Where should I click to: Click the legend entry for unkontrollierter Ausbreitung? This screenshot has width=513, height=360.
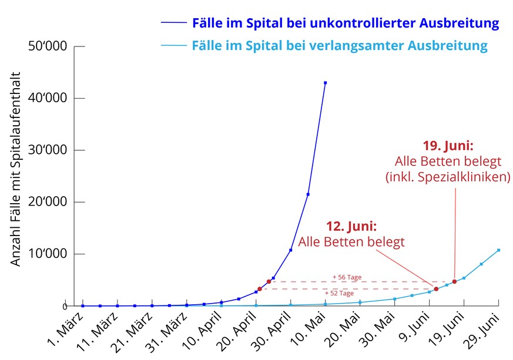pos(345,23)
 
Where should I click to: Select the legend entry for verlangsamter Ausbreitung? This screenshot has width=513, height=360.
pos(340,46)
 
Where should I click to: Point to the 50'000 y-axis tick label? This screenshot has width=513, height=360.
pos(48,46)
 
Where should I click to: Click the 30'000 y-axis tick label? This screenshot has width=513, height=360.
pos(48,150)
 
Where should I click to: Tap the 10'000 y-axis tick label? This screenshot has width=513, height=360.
pos(48,254)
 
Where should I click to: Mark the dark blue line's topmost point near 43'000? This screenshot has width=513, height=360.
pos(325,83)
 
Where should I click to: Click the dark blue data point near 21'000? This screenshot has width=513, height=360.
pos(308,194)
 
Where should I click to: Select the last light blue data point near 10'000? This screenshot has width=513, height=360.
pos(498,250)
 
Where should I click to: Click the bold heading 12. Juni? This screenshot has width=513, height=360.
pos(351,226)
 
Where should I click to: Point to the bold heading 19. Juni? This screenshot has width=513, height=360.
pos(448,145)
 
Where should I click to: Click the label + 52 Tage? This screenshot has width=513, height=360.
pos(343,293)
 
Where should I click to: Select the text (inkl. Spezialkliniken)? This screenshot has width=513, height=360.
pos(448,177)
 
